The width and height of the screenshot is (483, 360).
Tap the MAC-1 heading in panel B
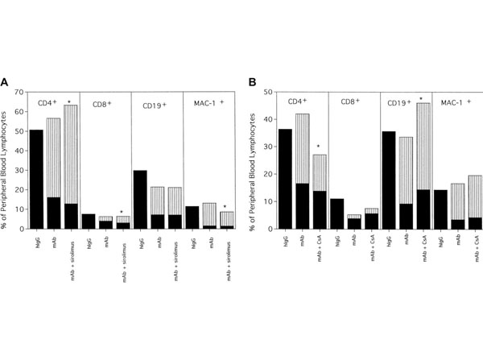click(x=452, y=102)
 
